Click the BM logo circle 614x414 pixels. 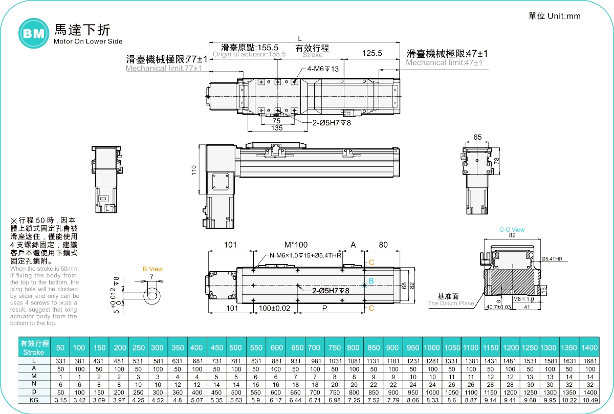coord(33,34)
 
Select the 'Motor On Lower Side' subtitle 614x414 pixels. coord(88,41)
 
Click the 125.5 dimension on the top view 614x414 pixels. coord(372,53)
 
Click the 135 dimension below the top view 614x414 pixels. coord(277,128)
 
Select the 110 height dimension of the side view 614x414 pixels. coord(194,170)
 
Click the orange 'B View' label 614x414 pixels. coord(152,269)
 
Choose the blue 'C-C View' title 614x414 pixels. coord(512,230)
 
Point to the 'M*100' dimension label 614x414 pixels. coord(296,245)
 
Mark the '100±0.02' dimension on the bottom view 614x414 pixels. coord(274,309)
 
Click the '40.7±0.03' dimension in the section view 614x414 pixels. coord(498,307)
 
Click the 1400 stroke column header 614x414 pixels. coord(589,347)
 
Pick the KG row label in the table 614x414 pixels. coord(34,400)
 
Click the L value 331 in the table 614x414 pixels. coord(60,361)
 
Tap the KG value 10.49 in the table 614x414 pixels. coord(589,400)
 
